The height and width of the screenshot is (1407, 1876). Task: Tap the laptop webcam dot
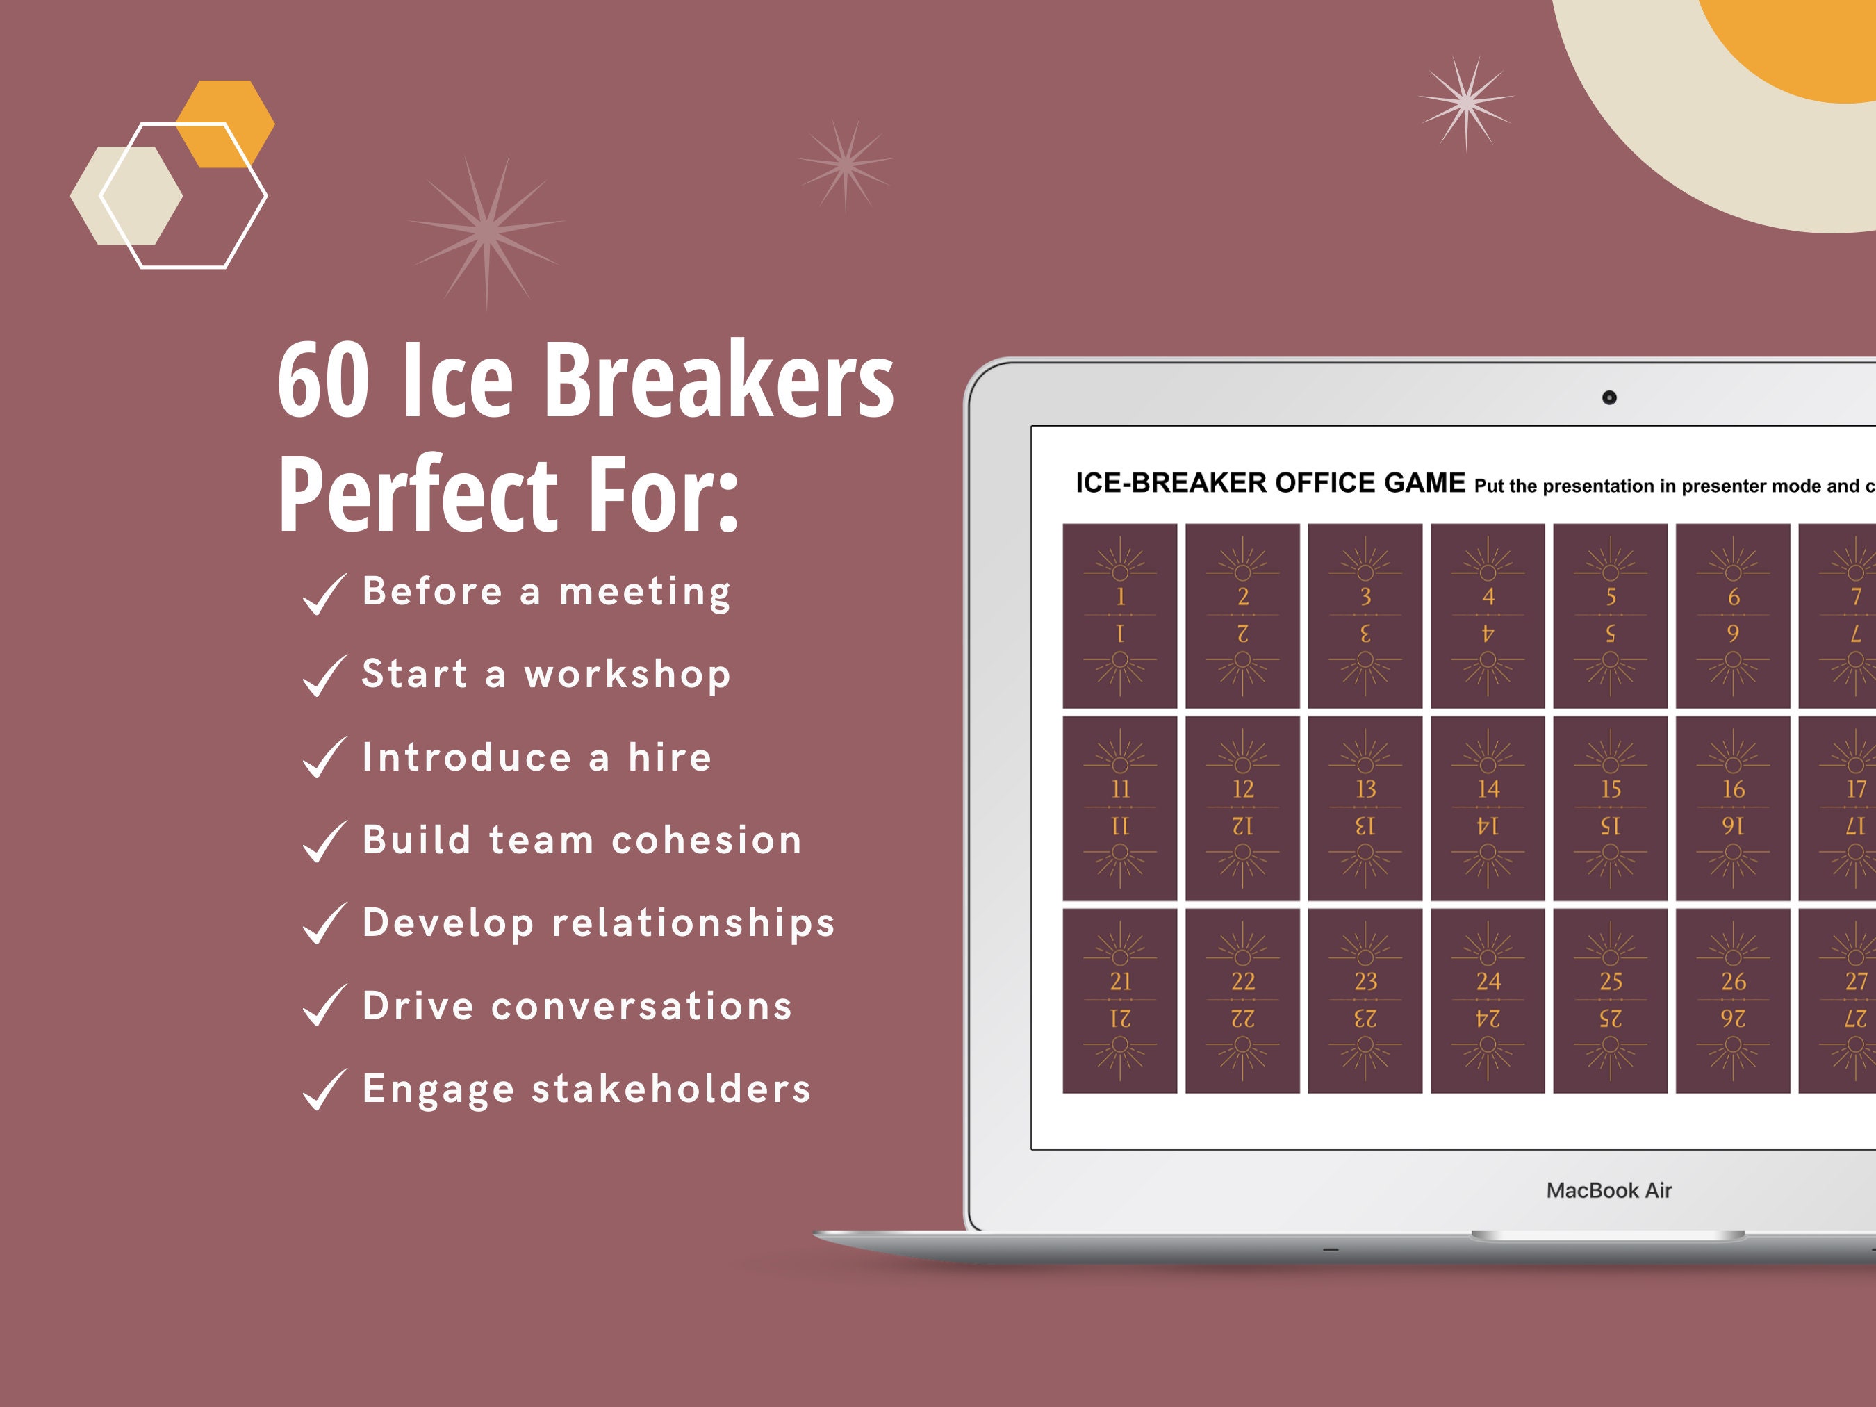[1609, 397]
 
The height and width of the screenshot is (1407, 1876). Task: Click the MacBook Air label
[1609, 1190]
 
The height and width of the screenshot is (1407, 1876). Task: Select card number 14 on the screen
[1488, 807]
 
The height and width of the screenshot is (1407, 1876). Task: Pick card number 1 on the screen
[1119, 615]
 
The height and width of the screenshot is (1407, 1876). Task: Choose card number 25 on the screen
[1610, 1000]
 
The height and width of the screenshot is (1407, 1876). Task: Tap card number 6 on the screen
[1733, 615]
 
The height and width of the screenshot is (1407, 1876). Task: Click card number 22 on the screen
[1242, 1000]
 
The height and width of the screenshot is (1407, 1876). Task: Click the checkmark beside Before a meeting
[324, 593]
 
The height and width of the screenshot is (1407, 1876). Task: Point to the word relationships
[693, 923]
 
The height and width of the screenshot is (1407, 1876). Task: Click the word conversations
[641, 1006]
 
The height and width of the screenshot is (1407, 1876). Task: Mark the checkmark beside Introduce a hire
[324, 757]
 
